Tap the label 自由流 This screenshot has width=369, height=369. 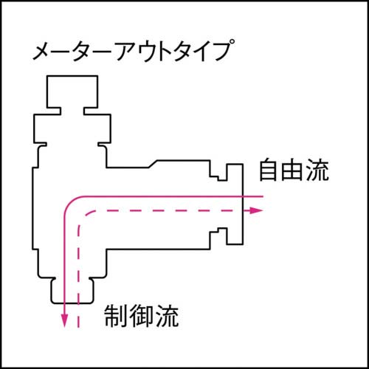pos(293,172)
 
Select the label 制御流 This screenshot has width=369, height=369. pos(141,317)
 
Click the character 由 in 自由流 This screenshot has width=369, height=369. pos(293,172)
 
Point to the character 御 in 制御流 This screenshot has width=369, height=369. pos(141,317)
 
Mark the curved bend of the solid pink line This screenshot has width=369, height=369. pos(72,204)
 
